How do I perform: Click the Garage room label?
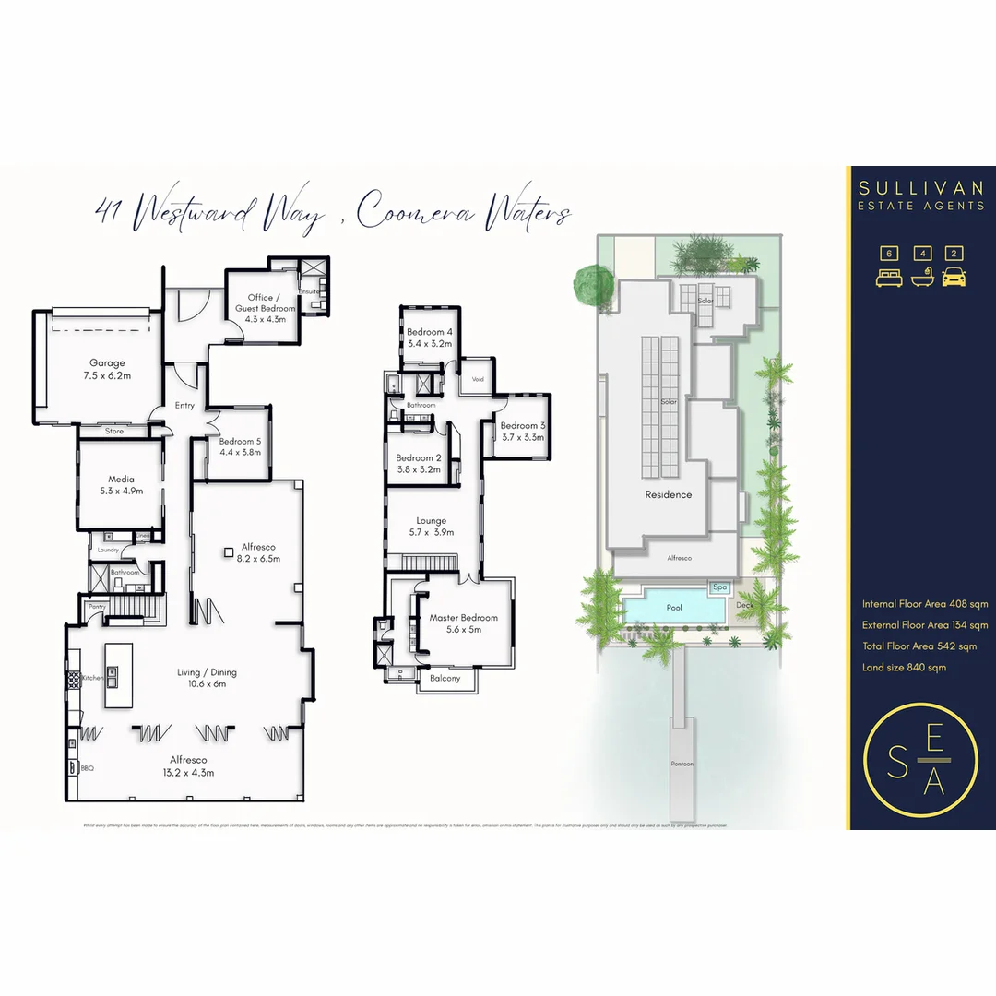[x=107, y=363]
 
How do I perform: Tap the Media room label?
[x=122, y=480]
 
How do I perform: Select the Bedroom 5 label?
[x=240, y=442]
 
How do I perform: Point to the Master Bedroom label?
[x=463, y=618]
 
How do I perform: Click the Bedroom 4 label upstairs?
[x=430, y=332]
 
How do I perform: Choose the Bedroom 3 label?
[x=523, y=425]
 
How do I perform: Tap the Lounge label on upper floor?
[x=431, y=521]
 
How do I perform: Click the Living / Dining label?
[x=201, y=672]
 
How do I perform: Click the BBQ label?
[x=88, y=767]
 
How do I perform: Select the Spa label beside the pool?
[x=719, y=587]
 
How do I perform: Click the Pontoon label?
[x=682, y=765]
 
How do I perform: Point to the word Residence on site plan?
[x=668, y=494]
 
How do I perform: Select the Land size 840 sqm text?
[x=904, y=667]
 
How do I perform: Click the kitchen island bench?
[x=118, y=675]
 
